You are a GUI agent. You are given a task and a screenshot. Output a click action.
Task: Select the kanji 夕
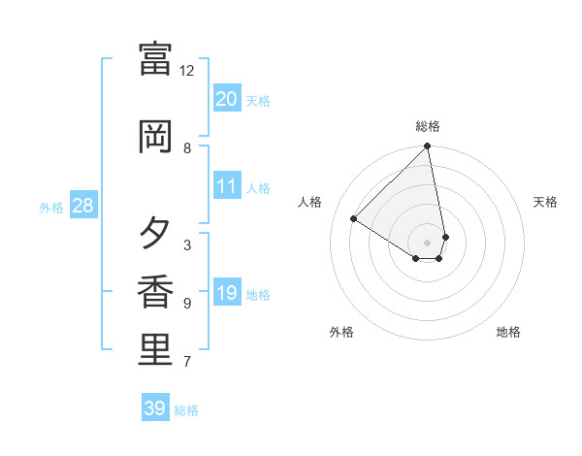pos(155,233)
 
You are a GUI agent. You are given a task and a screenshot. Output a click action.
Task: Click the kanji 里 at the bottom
pos(155,350)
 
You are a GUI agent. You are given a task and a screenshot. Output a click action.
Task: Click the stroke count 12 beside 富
pos(187,71)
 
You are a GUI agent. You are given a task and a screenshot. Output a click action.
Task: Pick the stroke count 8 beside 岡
pos(187,148)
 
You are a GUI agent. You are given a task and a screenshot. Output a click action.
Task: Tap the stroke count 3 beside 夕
pos(187,244)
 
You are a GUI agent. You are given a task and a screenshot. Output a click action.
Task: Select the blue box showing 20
pos(226,98)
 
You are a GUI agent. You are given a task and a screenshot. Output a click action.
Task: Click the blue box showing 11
pos(226,186)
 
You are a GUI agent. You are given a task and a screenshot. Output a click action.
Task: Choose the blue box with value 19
pos(226,292)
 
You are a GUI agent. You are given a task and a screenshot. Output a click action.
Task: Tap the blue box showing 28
pos(82,205)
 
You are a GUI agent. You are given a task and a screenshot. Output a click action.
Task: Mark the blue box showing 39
pos(154,408)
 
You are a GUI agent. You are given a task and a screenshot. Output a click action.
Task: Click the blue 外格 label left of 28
pos(51,207)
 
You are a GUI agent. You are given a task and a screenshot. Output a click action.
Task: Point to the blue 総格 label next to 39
pos(186,410)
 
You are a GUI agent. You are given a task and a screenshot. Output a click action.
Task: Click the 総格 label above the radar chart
pos(428,126)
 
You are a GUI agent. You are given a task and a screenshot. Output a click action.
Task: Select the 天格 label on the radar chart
pos(545,202)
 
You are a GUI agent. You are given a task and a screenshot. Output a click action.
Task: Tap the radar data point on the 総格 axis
pos(428,147)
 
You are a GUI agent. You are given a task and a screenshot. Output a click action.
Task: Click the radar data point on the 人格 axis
pos(354,218)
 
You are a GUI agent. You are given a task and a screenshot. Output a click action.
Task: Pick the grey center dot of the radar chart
pos(428,243)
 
